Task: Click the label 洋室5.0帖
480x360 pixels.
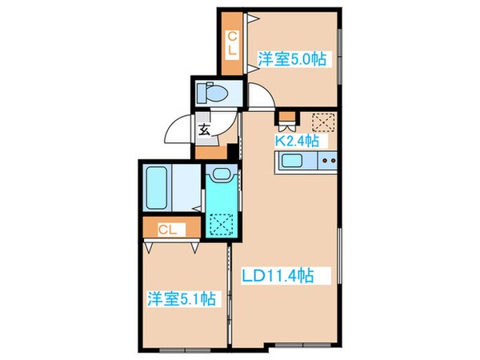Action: [291, 58]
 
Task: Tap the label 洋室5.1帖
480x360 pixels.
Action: [180, 298]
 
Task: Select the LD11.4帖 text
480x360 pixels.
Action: [276, 276]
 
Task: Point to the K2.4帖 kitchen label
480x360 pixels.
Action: [297, 141]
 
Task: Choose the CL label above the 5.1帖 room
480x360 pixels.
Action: [166, 230]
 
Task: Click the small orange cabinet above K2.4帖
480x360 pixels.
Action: [286, 122]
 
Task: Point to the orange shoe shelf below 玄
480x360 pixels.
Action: [208, 150]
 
